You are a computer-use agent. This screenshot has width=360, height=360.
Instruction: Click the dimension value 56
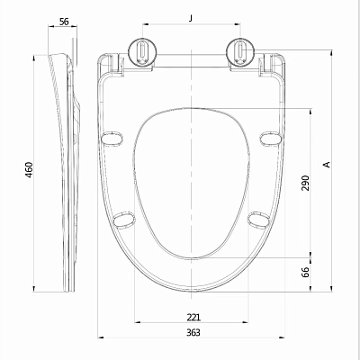pos(64,22)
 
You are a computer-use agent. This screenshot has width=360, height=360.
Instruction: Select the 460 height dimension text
pos(30,170)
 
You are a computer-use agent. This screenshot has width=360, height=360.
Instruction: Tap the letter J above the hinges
pos(191,18)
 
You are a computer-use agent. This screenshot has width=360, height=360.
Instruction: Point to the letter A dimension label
pos(327,165)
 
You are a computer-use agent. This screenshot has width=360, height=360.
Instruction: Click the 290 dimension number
pos(305,183)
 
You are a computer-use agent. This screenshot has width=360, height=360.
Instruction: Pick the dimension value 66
pos(305,272)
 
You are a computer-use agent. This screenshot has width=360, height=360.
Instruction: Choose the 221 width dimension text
pos(193,317)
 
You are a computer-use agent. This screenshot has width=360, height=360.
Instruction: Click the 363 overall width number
pos(193,332)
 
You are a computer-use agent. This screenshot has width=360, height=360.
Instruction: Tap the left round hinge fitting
pos(142,51)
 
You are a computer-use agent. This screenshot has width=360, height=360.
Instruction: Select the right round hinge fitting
pos(240,51)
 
